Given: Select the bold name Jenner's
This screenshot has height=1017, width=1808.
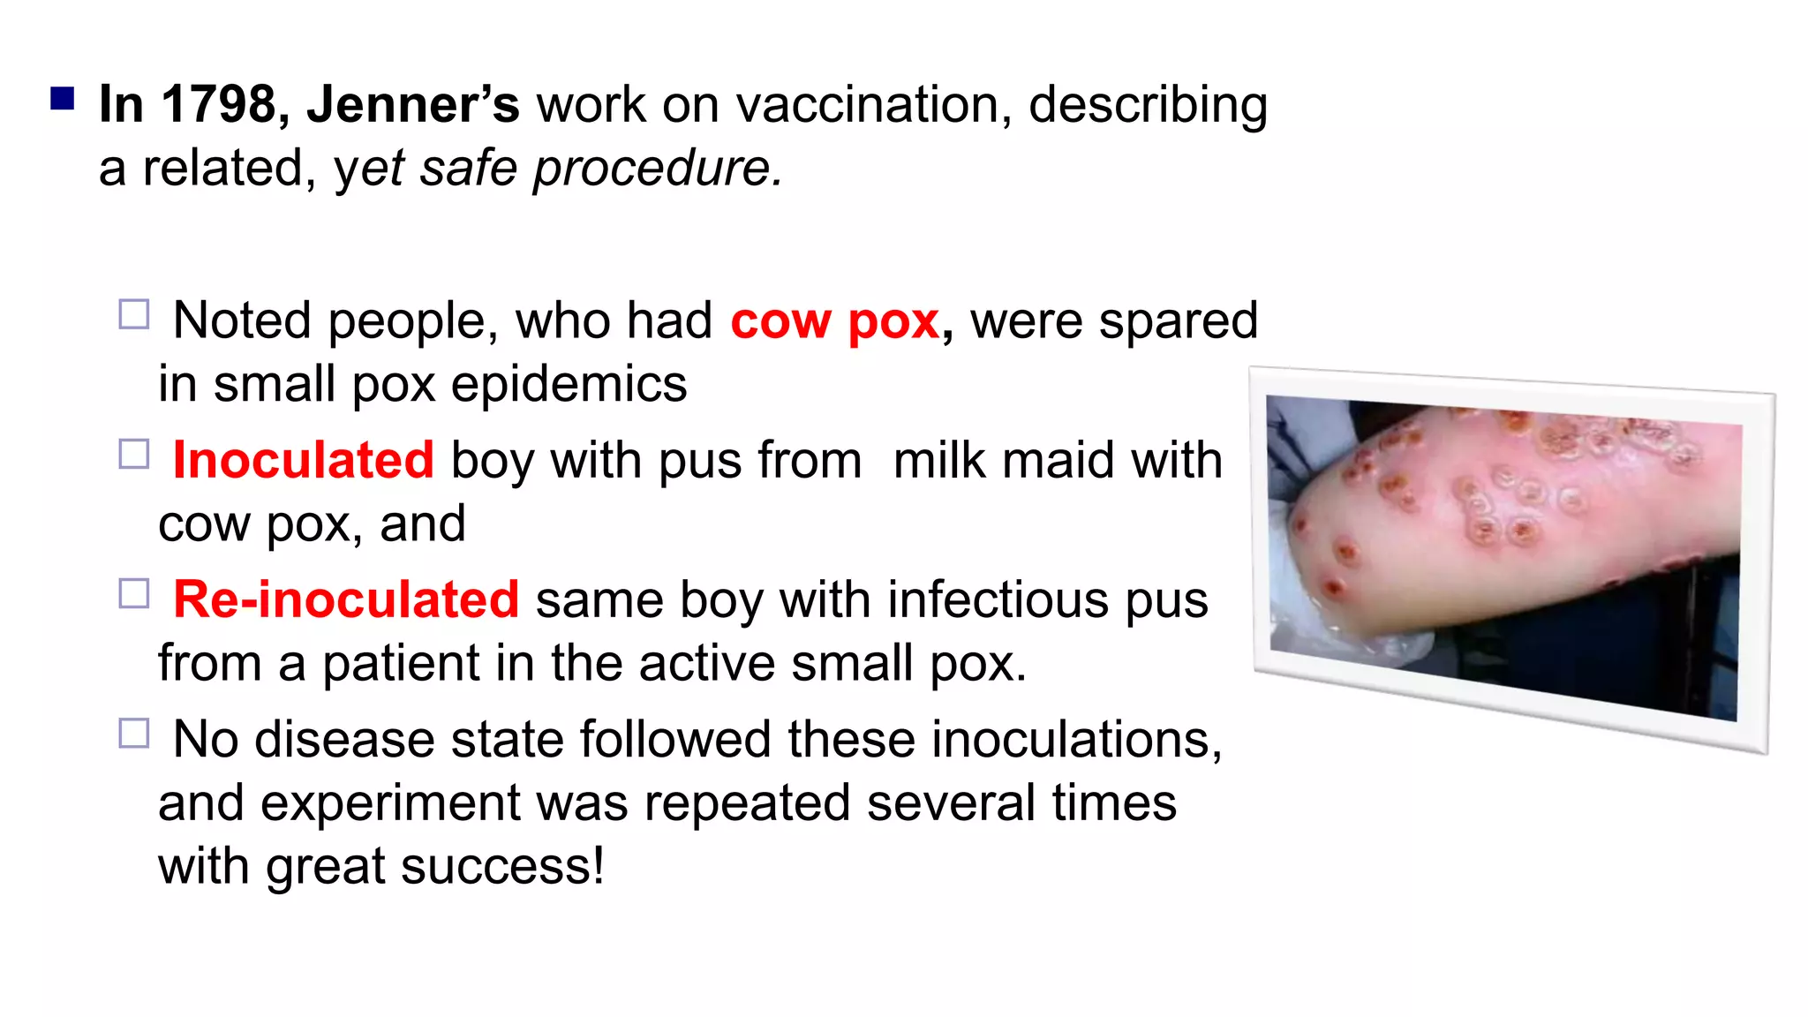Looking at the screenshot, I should (x=413, y=104).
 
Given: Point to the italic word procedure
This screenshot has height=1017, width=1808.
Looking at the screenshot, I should (x=658, y=168).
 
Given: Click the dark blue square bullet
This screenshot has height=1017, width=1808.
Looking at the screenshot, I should (x=62, y=97).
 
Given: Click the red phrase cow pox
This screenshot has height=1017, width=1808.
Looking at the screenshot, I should (x=834, y=320).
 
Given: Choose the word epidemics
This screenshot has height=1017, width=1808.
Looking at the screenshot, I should (x=569, y=384).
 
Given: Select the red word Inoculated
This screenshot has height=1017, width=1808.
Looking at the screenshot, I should (x=303, y=460).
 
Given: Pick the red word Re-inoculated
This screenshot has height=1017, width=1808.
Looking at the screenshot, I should (x=346, y=599).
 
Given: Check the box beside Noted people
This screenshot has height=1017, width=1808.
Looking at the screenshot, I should (x=134, y=314).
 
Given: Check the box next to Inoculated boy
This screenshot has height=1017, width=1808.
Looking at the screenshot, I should (x=134, y=454).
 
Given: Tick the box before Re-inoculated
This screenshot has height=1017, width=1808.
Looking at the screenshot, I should (x=134, y=593).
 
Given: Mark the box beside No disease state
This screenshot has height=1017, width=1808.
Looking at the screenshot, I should (x=134, y=733).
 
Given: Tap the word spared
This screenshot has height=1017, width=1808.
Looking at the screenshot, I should (x=1178, y=320).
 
